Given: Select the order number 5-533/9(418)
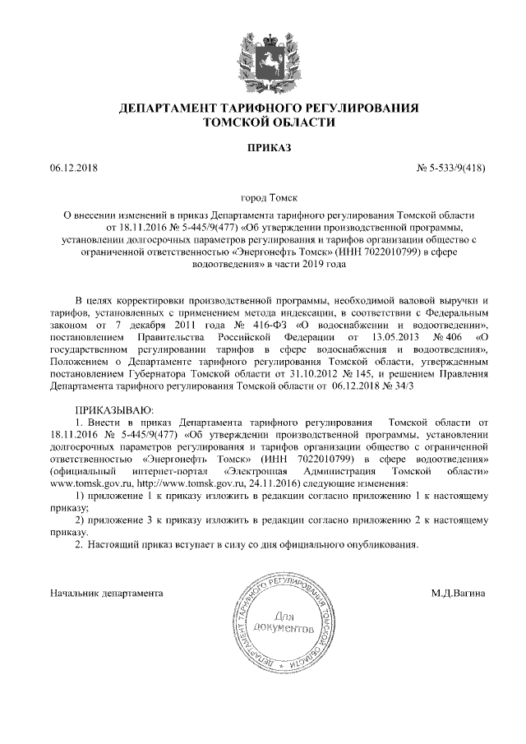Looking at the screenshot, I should click(453, 169).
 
